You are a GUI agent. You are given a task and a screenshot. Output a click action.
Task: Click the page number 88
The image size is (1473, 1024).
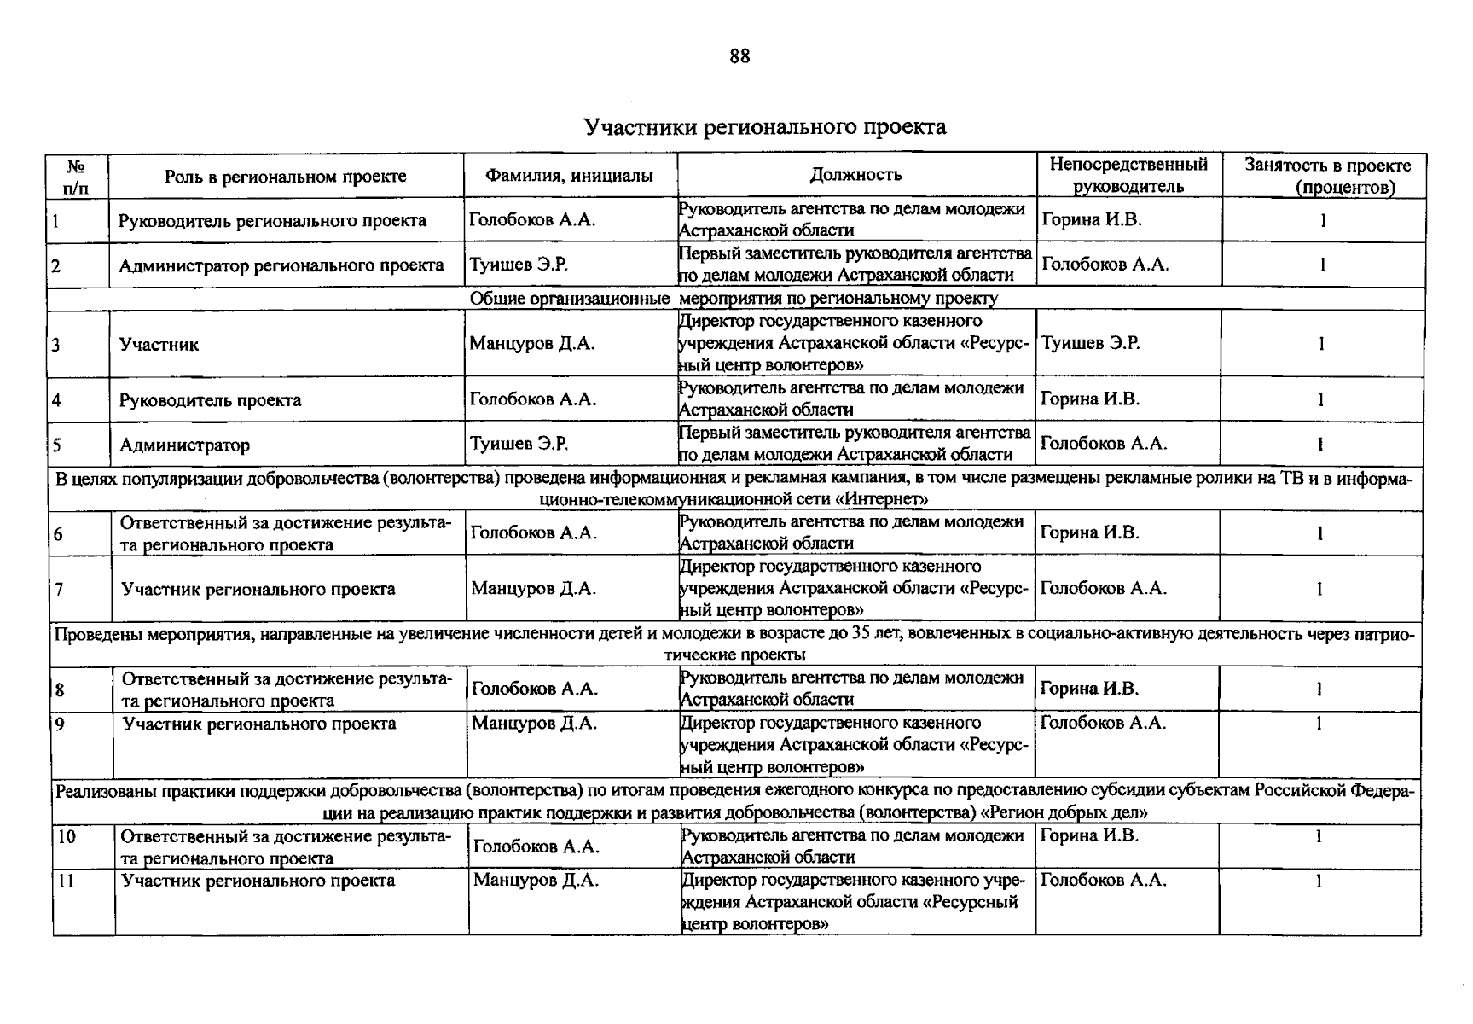point(739,56)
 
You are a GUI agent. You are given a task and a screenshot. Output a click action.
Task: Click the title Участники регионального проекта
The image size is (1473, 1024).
point(764,127)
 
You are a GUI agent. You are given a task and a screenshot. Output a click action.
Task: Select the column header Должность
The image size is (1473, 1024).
point(855,175)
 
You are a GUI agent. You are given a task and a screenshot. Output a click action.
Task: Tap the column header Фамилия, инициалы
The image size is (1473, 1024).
point(569,176)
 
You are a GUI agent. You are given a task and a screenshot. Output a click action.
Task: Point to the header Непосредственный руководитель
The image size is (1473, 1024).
point(1128,175)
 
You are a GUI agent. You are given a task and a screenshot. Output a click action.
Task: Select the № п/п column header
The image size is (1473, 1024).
point(76,176)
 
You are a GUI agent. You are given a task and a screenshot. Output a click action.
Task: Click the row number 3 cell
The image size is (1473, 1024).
point(56,345)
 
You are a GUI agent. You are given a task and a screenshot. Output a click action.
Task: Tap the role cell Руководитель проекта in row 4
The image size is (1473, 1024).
point(210,400)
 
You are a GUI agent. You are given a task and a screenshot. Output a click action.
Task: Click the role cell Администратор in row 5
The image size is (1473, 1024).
point(184,445)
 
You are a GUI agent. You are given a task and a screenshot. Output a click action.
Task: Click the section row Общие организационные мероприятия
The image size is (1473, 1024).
point(734,299)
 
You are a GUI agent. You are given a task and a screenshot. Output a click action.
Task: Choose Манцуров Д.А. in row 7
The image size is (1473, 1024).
point(533,588)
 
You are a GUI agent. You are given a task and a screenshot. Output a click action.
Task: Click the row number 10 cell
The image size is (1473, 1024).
point(67,836)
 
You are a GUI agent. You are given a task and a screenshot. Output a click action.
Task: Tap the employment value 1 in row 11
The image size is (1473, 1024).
point(1319,881)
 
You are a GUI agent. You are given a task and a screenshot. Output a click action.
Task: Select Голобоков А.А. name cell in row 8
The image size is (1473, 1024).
point(535,689)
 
